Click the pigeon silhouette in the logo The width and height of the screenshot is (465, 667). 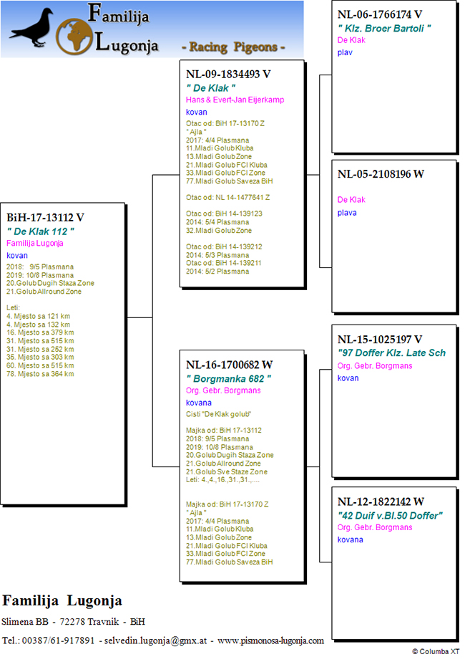click(33, 29)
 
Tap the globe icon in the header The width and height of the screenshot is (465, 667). click(74, 37)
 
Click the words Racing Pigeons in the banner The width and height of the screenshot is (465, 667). click(233, 47)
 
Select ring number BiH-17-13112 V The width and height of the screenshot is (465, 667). click(46, 218)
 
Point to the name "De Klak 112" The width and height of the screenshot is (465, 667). click(41, 232)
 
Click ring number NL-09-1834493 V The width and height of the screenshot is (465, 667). click(228, 74)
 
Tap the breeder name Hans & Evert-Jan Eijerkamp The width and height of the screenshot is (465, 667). click(235, 100)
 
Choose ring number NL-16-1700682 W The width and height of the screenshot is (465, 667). click(230, 365)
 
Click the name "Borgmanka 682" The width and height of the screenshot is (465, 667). click(228, 378)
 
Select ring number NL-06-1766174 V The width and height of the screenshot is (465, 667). click(380, 14)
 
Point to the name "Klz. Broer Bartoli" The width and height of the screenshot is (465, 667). click(384, 29)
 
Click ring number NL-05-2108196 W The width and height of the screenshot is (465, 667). click(381, 174)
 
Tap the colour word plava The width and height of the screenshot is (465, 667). click(347, 213)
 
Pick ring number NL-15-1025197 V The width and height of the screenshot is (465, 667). click(380, 340)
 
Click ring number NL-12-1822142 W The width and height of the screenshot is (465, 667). click(381, 502)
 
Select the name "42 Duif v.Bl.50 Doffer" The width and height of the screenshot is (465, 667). click(390, 516)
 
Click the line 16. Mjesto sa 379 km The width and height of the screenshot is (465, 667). click(40, 332)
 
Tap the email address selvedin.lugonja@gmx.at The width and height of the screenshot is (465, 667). click(155, 640)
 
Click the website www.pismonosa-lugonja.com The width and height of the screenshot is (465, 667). click(270, 640)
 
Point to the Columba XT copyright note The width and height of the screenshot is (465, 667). click(436, 651)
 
